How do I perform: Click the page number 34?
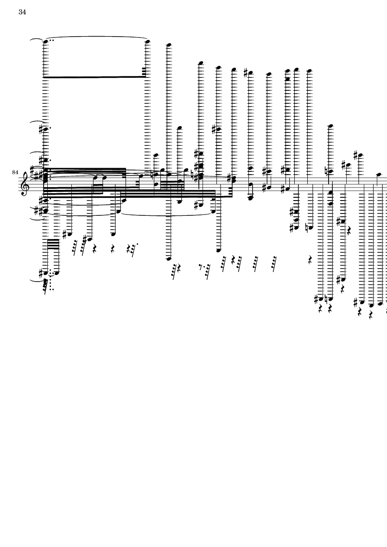(x=22, y=12)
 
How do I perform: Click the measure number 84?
(x=15, y=172)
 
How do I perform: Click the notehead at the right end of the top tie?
(x=147, y=42)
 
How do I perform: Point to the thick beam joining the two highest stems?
(x=94, y=77)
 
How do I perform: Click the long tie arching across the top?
(x=97, y=37)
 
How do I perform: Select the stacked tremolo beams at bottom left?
(x=53, y=244)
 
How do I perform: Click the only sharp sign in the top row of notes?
(x=246, y=72)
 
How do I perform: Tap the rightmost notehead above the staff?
(x=379, y=174)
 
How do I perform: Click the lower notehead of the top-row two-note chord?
(x=287, y=79)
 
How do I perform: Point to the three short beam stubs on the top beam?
(x=144, y=72)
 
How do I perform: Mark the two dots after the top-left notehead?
(x=51, y=40)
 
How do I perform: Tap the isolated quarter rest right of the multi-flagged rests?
(x=310, y=260)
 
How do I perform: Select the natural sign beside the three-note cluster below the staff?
(x=310, y=228)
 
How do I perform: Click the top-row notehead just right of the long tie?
(x=169, y=45)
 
